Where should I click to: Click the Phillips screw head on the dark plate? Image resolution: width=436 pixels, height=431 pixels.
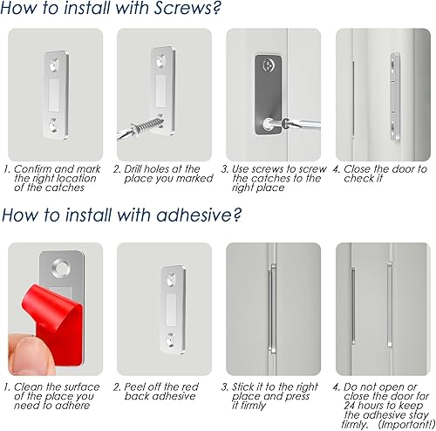click(x=269, y=65)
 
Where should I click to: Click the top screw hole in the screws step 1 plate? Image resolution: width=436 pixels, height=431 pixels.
click(x=54, y=65)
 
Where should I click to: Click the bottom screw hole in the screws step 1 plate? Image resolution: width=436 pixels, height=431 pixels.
click(x=53, y=126)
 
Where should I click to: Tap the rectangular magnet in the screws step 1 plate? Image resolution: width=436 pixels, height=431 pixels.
click(x=54, y=95)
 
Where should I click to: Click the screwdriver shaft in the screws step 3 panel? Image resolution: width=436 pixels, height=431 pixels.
click(x=305, y=125)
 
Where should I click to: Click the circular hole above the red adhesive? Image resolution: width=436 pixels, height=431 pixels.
click(x=61, y=266)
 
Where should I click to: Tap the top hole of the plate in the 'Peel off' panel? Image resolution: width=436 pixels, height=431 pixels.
click(x=172, y=280)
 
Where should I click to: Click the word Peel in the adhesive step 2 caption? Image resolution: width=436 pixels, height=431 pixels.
click(x=134, y=387)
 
